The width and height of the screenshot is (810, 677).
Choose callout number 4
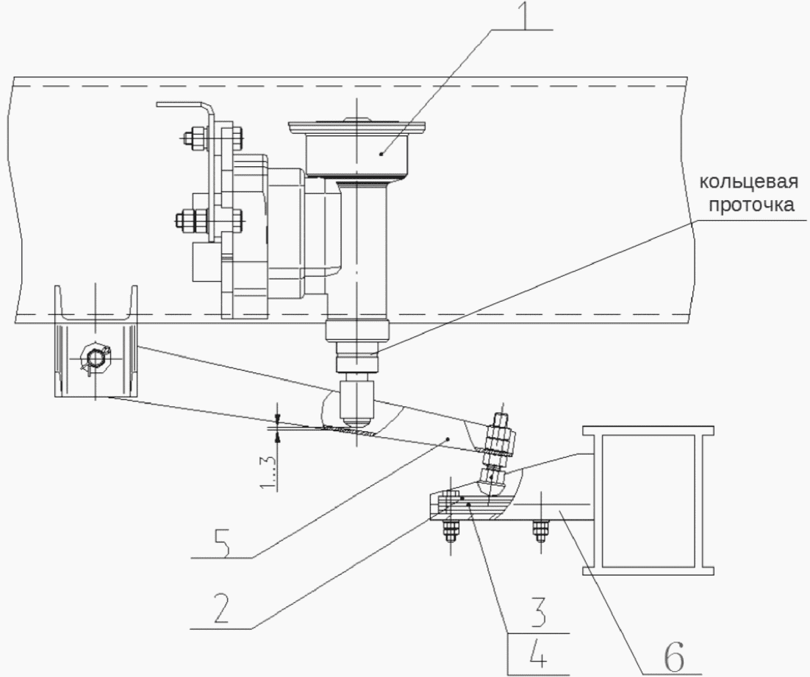(537, 653)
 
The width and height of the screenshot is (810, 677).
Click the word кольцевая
(748, 182)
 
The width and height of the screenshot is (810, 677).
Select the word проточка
(752, 205)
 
